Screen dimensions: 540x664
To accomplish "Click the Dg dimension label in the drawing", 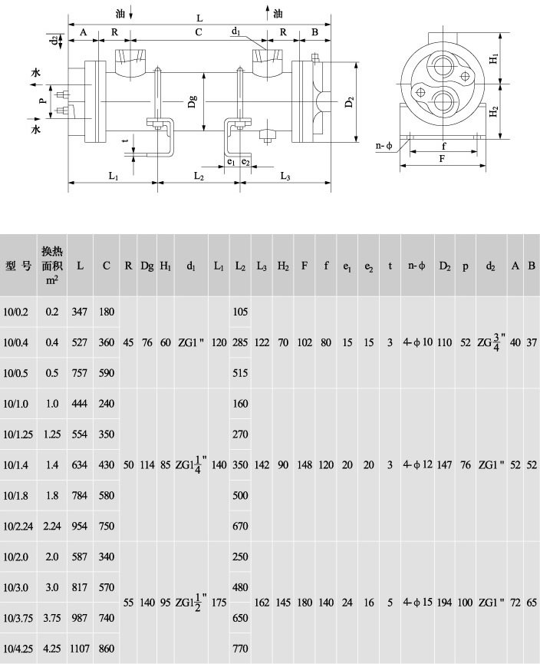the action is coord(193,101).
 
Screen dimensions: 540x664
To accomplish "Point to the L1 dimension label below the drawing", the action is coord(114,176).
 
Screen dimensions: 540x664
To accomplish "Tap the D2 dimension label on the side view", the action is coord(349,102).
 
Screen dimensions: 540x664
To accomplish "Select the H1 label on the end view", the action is coord(494,59).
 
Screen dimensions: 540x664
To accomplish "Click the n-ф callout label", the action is coord(384,146).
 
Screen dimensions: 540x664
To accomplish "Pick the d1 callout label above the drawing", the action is coord(236,31).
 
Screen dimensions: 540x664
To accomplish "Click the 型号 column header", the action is coord(18,266).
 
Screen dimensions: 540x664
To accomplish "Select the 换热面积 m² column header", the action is coord(52,266).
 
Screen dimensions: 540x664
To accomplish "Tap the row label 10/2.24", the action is coord(18,526).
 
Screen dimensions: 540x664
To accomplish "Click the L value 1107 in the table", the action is coord(80,649).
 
